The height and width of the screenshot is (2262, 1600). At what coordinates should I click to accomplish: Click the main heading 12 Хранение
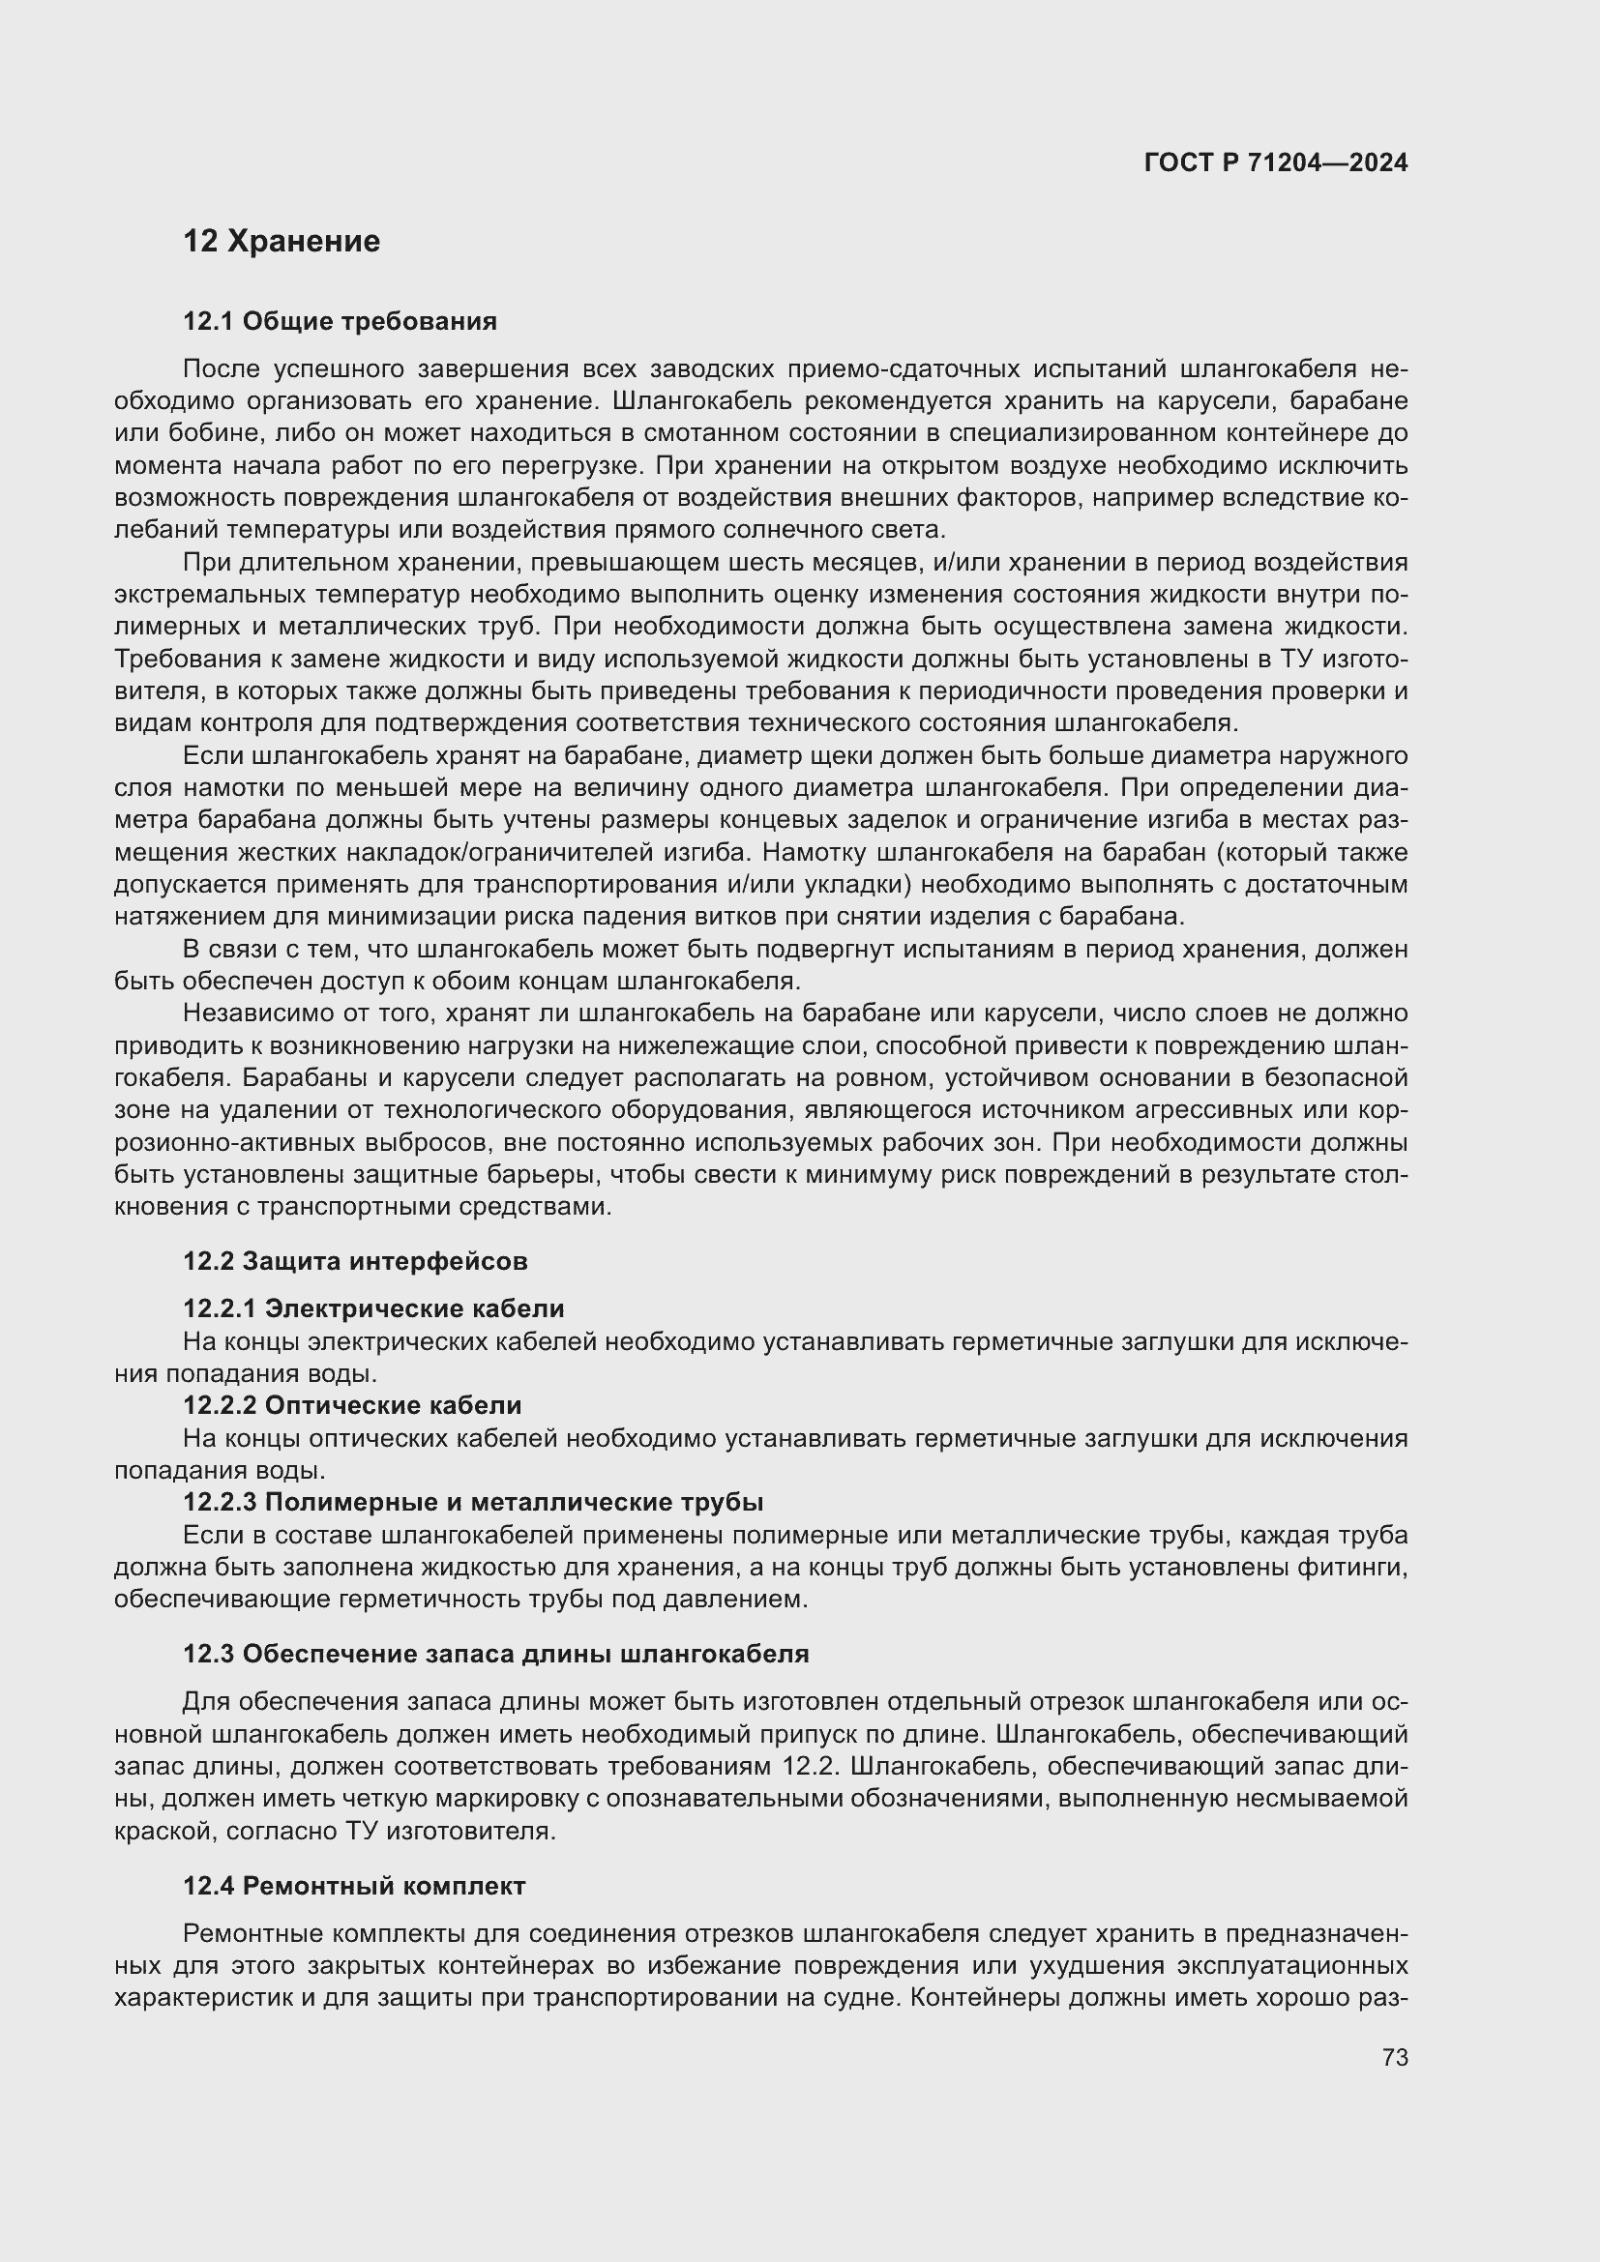pos(281,242)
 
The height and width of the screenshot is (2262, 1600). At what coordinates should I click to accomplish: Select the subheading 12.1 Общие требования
pos(340,321)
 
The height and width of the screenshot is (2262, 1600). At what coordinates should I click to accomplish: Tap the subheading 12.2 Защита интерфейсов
pos(356,1261)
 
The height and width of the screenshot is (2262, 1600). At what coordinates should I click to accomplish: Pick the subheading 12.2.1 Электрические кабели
pos(373,1308)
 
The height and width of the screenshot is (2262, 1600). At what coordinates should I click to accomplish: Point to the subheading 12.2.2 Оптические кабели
pos(352,1405)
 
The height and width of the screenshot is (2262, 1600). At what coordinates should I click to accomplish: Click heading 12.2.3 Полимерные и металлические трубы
pos(473,1502)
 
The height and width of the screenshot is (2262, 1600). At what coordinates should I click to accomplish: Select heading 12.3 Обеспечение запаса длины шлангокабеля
pos(495,1654)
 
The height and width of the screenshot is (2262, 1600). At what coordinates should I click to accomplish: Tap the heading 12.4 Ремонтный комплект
pos(354,1886)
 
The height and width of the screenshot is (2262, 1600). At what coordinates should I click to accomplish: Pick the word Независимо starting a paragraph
pos(250,1013)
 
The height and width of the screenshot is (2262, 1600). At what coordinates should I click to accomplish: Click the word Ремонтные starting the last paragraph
pos(247,1934)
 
